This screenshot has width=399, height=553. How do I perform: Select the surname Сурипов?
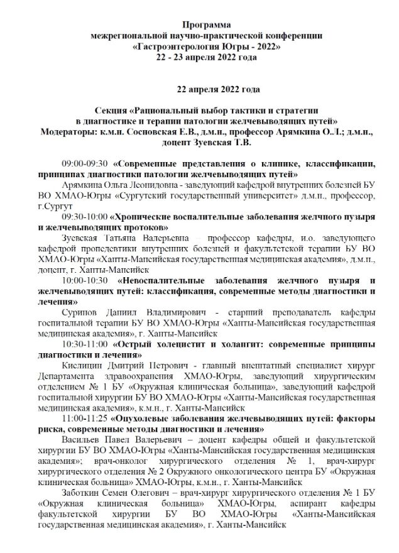point(82,314)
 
